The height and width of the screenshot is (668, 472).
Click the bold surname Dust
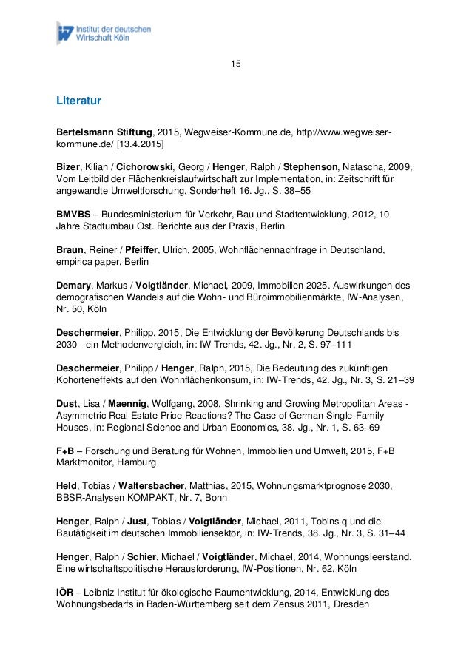click(x=69, y=404)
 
